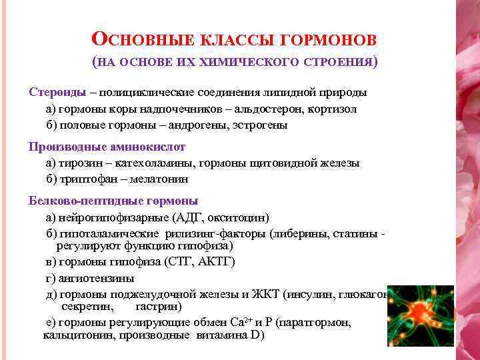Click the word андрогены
point(198,125)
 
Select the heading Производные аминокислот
point(107,146)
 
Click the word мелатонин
point(160,179)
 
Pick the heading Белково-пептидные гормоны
point(113,200)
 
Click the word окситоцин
point(239,217)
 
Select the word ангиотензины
point(97,278)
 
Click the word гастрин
point(158,307)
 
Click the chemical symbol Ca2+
point(240,322)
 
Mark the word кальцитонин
point(73,335)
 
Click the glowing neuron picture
point(420,315)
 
